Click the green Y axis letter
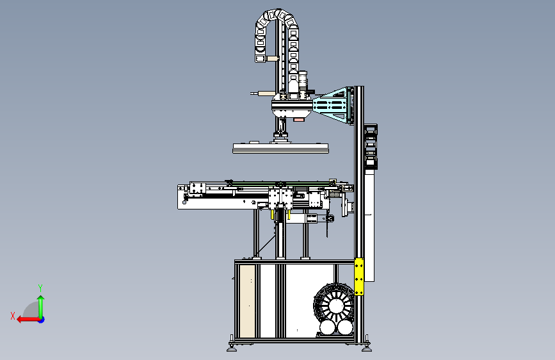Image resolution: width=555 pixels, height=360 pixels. point(40,288)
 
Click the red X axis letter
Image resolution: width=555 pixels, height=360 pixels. point(13,316)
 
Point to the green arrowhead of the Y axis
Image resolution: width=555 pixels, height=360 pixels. point(41,298)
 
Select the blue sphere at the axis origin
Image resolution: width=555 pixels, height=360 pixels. point(42,320)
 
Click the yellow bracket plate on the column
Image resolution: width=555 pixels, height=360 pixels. point(359,277)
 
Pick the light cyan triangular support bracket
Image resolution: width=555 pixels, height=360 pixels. point(332,105)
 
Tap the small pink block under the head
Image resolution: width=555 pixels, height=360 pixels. point(298,120)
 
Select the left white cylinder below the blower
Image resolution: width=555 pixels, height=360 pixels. point(327,328)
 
